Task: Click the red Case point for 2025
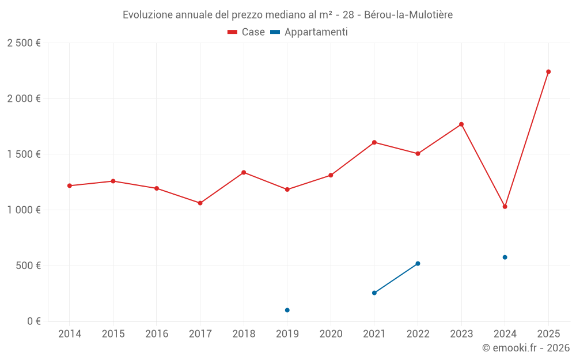pyautogui.click(x=548, y=72)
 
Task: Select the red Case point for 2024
pyautogui.click(x=505, y=206)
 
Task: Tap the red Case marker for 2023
pyautogui.click(x=461, y=124)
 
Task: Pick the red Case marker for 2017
pyautogui.click(x=200, y=203)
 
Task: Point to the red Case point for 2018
pyautogui.click(x=244, y=172)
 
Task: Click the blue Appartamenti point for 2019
pyautogui.click(x=287, y=310)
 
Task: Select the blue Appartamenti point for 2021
pyautogui.click(x=374, y=293)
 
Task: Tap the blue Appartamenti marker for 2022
pyautogui.click(x=418, y=263)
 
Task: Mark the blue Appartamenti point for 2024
pyautogui.click(x=505, y=257)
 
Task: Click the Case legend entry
pyautogui.click(x=247, y=32)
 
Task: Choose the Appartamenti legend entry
pyautogui.click(x=309, y=32)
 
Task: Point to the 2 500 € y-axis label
pyautogui.click(x=24, y=43)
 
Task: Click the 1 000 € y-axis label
pyautogui.click(x=24, y=210)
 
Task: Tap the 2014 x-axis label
pyautogui.click(x=69, y=334)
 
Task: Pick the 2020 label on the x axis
pyautogui.click(x=331, y=334)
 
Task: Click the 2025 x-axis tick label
pyautogui.click(x=548, y=334)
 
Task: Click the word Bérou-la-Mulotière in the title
pyautogui.click(x=408, y=14)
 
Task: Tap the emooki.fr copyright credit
pyautogui.click(x=526, y=348)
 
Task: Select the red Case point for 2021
pyautogui.click(x=374, y=142)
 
